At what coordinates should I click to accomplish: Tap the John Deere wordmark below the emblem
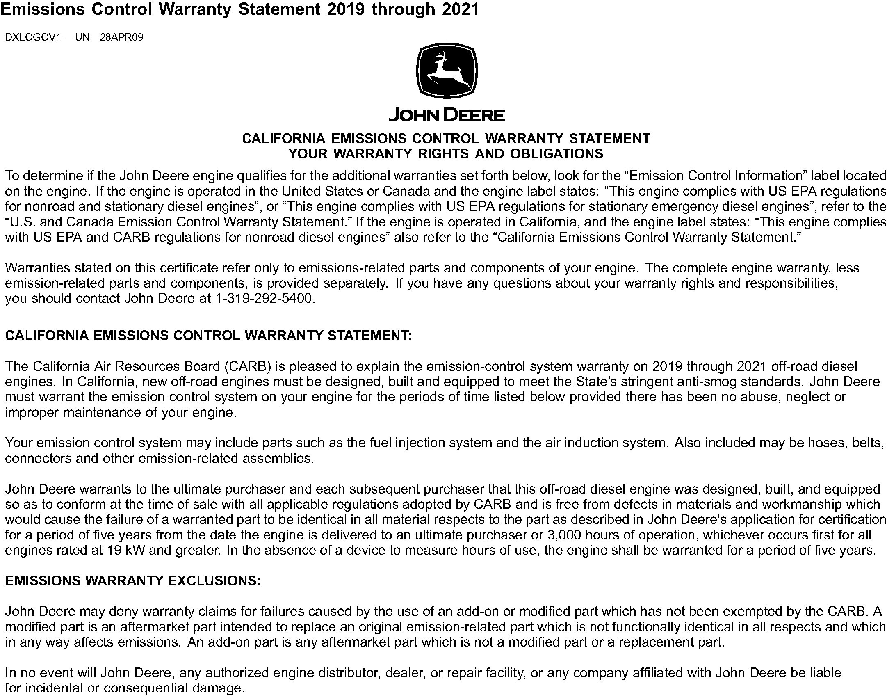click(447, 115)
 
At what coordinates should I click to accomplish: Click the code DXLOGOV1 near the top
click(33, 38)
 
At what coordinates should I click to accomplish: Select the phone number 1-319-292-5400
click(263, 299)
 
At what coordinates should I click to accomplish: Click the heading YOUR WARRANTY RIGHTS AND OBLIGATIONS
click(446, 154)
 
